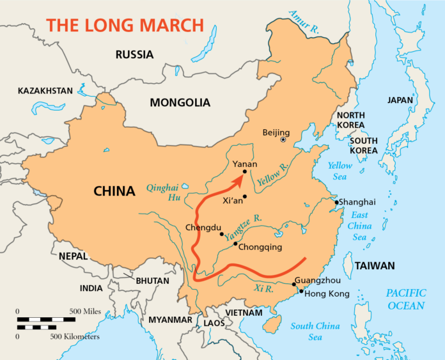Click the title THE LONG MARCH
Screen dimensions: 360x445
coord(125,26)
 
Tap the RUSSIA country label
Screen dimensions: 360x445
coord(134,55)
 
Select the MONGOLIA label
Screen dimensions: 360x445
coord(180,102)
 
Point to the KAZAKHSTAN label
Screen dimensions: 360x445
coord(45,91)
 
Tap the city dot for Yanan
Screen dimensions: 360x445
coord(245,171)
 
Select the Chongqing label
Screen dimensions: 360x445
coord(260,247)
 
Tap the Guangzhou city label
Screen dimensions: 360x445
coord(318,280)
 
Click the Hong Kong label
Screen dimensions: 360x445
coord(327,294)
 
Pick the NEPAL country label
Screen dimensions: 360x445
coord(73,256)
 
